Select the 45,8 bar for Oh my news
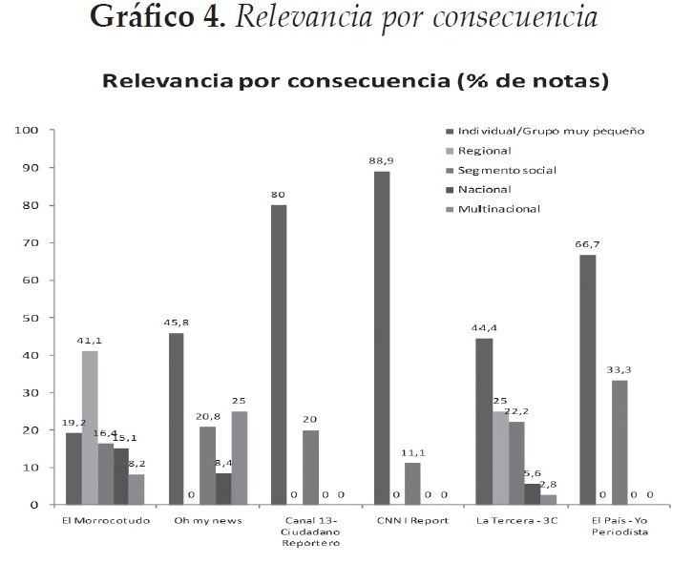[x=176, y=419]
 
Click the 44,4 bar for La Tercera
[x=485, y=421]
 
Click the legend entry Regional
[x=484, y=151]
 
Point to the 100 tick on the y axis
[x=26, y=130]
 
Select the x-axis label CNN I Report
[x=407, y=521]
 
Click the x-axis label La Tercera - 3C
[x=509, y=521]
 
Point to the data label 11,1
[x=413, y=453]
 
